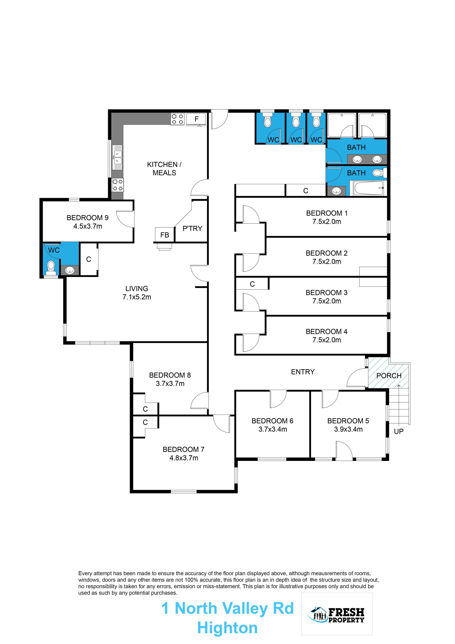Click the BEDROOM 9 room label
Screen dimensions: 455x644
[87, 218]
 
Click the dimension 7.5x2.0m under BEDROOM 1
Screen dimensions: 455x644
[327, 222]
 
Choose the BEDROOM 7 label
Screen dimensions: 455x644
[184, 449]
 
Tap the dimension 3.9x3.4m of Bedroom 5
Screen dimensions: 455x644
[348, 429]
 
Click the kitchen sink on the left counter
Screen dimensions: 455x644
[117, 157]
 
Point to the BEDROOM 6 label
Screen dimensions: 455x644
[272, 421]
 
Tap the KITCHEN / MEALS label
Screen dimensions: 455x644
[164, 169]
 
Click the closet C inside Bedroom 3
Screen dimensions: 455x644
[252, 284]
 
